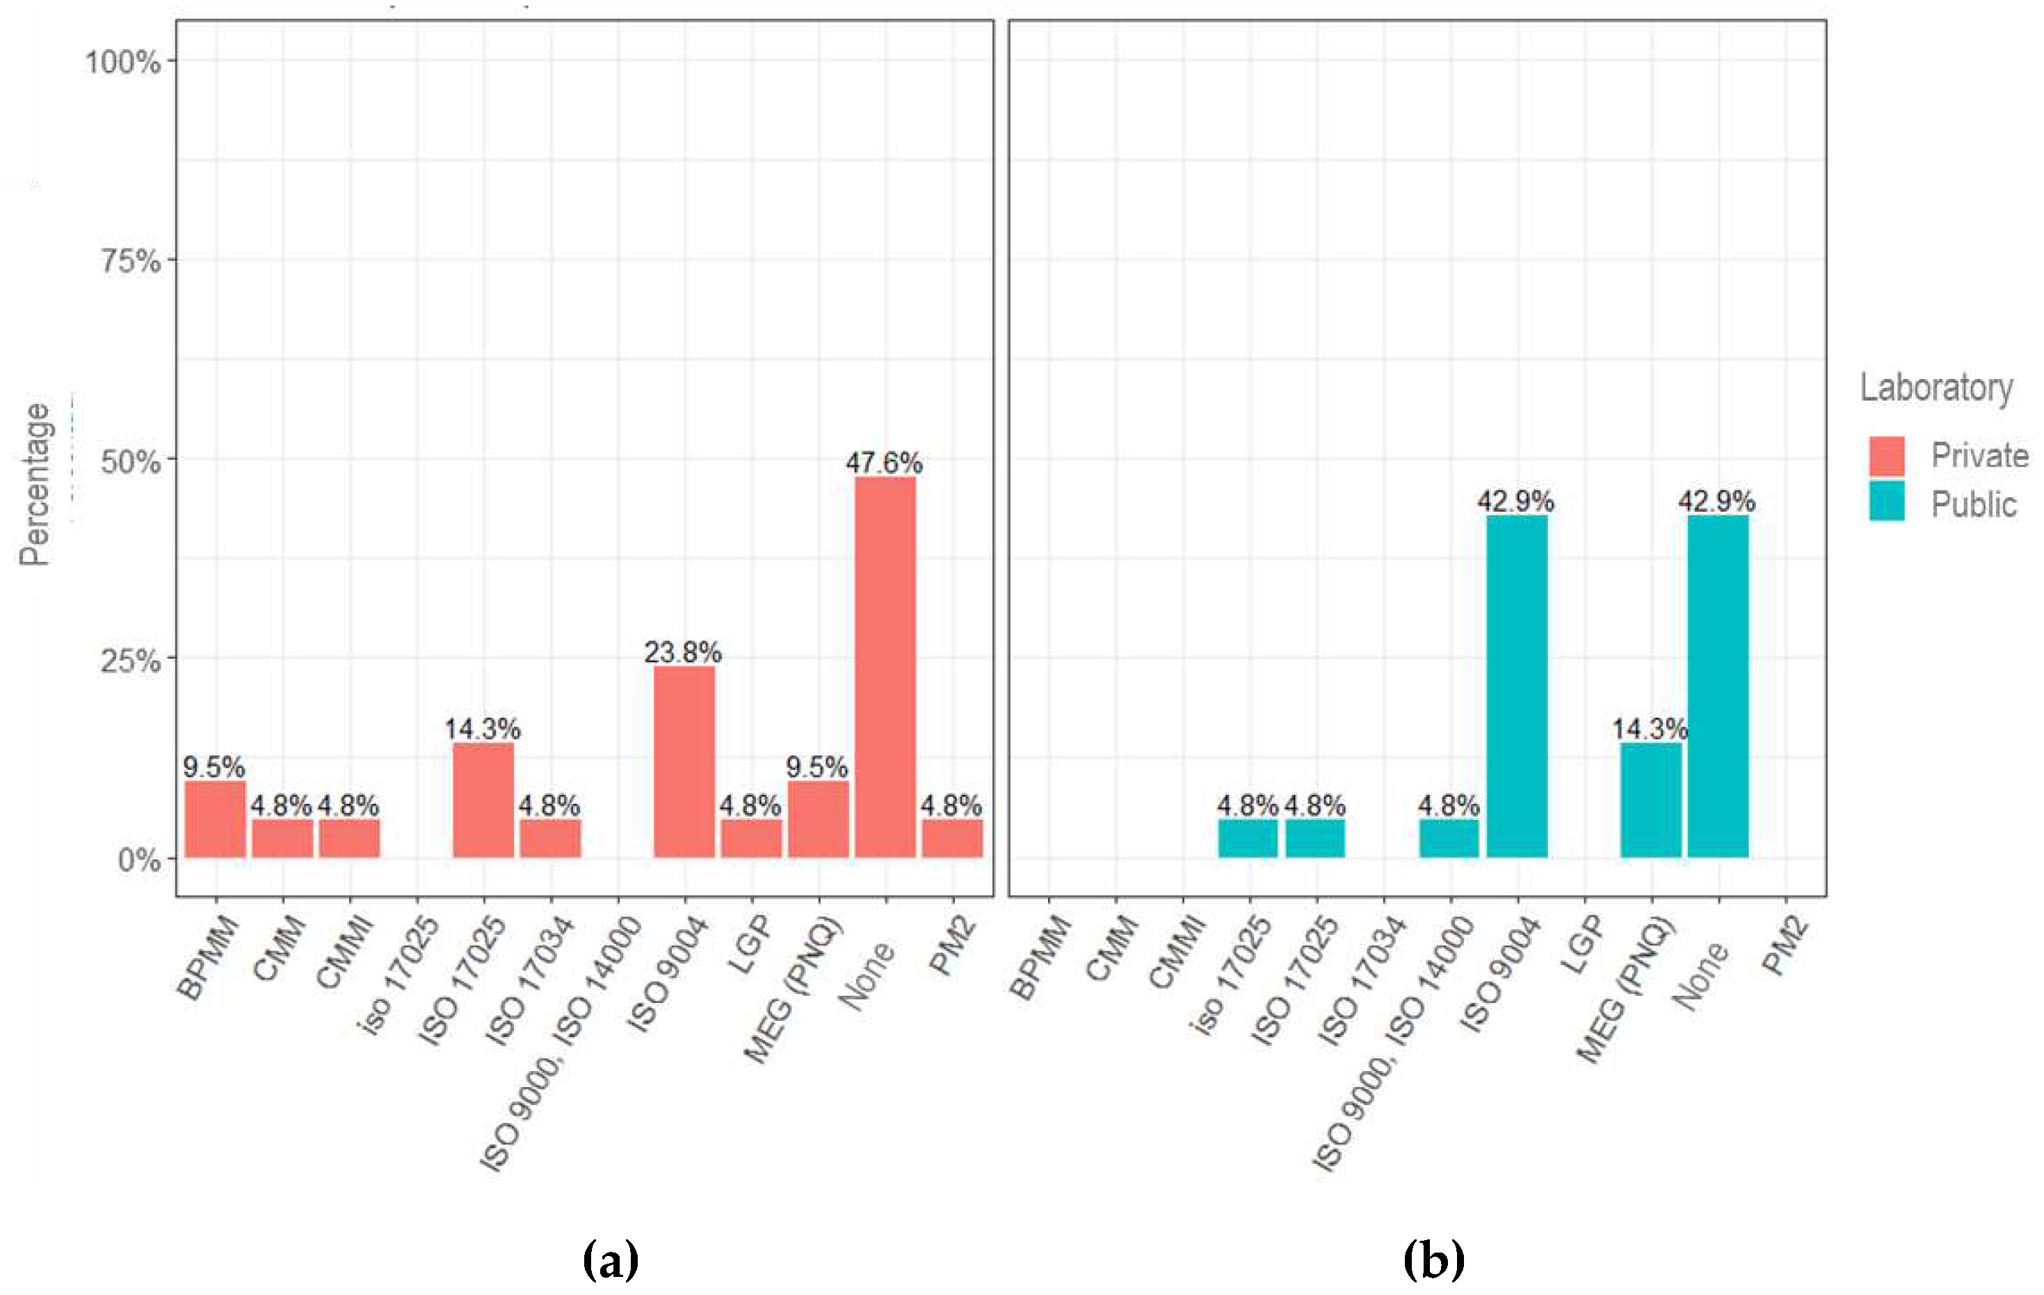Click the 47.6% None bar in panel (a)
pos(885,667)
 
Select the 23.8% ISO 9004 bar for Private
pos(684,762)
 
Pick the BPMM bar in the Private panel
pos(215,819)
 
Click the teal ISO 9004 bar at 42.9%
pos(1517,686)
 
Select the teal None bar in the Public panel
pos(1718,686)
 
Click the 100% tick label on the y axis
pos(123,61)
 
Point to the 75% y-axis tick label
pos(131,261)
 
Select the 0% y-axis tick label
pos(139,860)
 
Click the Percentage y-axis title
pos(35,484)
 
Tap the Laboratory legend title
pos(1936,388)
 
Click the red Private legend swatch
pos(1886,456)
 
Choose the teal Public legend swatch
pos(1886,501)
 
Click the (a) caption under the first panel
pos(611,1260)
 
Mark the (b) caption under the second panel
pos(1433,1260)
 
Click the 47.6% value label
pos(884,462)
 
